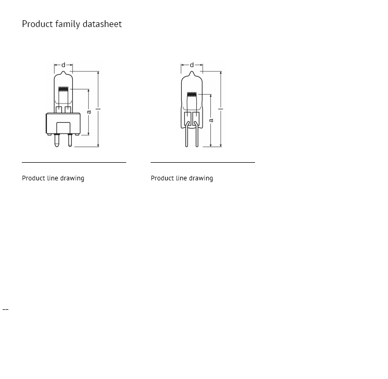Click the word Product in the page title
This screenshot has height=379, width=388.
[37, 24]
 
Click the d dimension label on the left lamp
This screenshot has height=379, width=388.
[63, 66]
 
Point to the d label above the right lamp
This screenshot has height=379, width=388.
[192, 66]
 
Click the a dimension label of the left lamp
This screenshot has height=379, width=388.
[89, 112]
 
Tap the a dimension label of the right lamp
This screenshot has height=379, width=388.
[211, 120]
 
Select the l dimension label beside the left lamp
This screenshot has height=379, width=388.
[98, 109]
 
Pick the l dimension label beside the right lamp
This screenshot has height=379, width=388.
[221, 109]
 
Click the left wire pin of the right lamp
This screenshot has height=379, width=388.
[188, 138]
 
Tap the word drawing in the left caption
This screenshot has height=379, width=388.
[72, 178]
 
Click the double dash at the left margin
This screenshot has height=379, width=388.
[5, 310]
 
